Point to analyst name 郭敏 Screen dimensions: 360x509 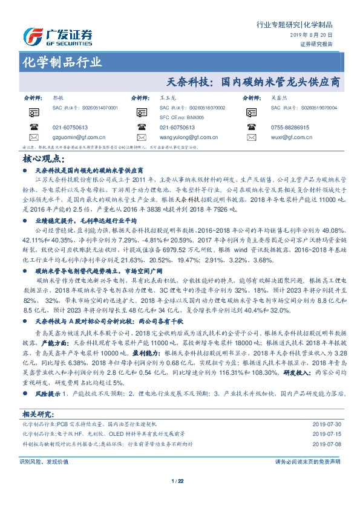(58, 97)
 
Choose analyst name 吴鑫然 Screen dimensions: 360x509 (277, 97)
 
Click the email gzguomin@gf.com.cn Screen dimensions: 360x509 (79, 137)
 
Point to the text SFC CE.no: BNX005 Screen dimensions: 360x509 (182, 117)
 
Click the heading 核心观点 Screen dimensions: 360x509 (43, 158)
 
